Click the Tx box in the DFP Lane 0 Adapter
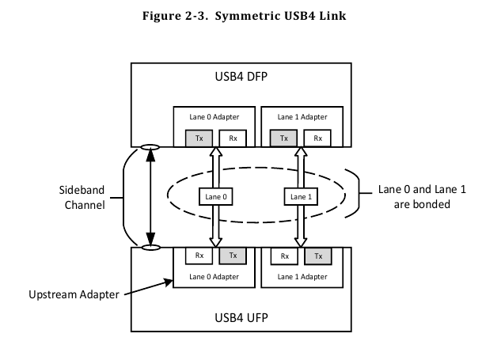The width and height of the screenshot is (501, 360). [197, 138]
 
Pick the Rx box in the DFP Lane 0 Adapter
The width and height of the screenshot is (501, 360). [233, 138]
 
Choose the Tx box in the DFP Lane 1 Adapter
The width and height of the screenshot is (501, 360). [283, 138]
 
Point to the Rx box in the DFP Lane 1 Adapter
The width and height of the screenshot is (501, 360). [318, 138]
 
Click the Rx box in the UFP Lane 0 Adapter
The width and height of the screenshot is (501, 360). [197, 256]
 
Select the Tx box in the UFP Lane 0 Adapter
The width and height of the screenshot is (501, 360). [233, 256]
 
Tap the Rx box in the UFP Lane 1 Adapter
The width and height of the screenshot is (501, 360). [283, 256]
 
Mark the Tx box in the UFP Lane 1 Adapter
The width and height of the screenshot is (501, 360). [318, 256]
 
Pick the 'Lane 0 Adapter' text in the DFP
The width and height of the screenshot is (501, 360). [214, 117]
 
